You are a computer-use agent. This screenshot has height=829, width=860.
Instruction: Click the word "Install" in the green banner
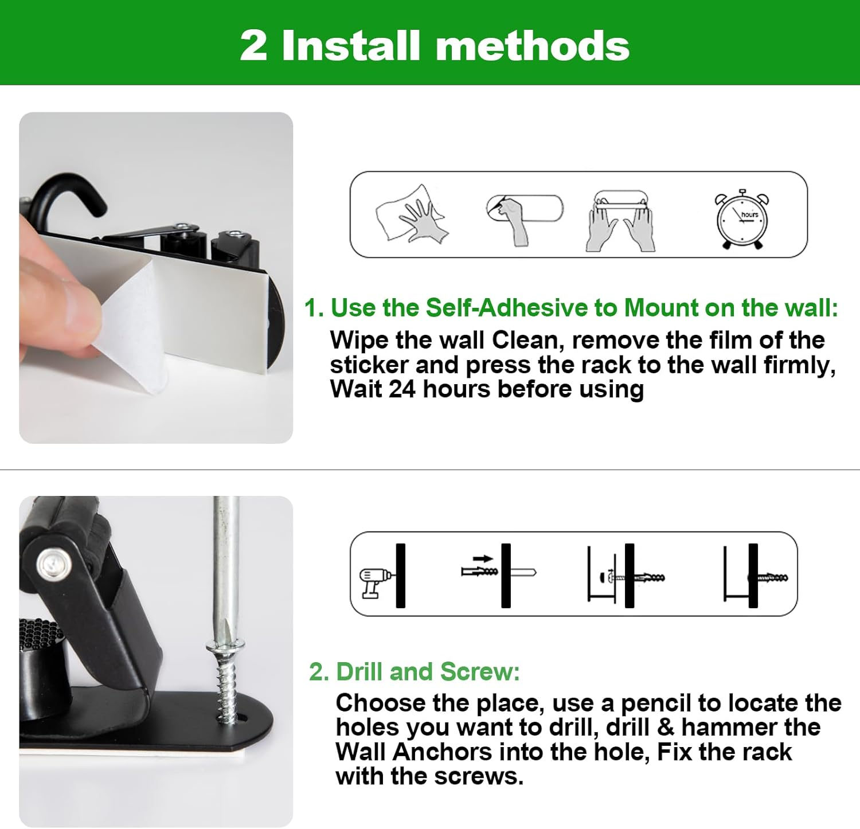[x=351, y=45]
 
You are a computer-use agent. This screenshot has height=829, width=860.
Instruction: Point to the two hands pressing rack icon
[x=620, y=220]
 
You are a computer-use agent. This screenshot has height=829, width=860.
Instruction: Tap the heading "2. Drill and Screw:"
[x=414, y=671]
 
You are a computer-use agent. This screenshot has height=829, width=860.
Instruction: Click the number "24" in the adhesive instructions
[x=402, y=389]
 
